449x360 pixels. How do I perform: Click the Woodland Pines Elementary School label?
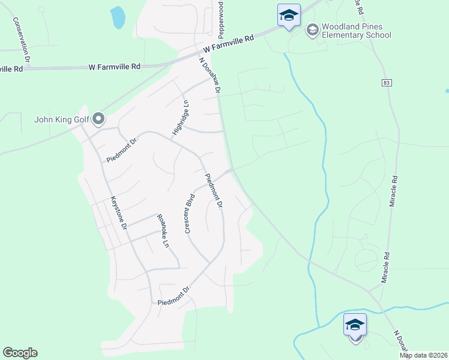coord(356,31)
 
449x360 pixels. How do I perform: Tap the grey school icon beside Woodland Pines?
coord(312,29)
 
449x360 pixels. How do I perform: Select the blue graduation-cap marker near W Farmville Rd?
coord(289,15)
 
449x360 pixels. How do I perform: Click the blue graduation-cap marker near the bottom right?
coord(355,325)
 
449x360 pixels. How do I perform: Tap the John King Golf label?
coord(61,119)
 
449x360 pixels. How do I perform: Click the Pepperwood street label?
coord(221,17)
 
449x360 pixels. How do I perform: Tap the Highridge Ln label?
coord(180,118)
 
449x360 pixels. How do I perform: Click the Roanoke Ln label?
coord(162,231)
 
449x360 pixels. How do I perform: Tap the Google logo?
coord(20,353)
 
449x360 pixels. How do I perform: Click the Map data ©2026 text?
coord(424,355)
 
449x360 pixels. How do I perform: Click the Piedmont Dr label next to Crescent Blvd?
coord(214,191)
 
